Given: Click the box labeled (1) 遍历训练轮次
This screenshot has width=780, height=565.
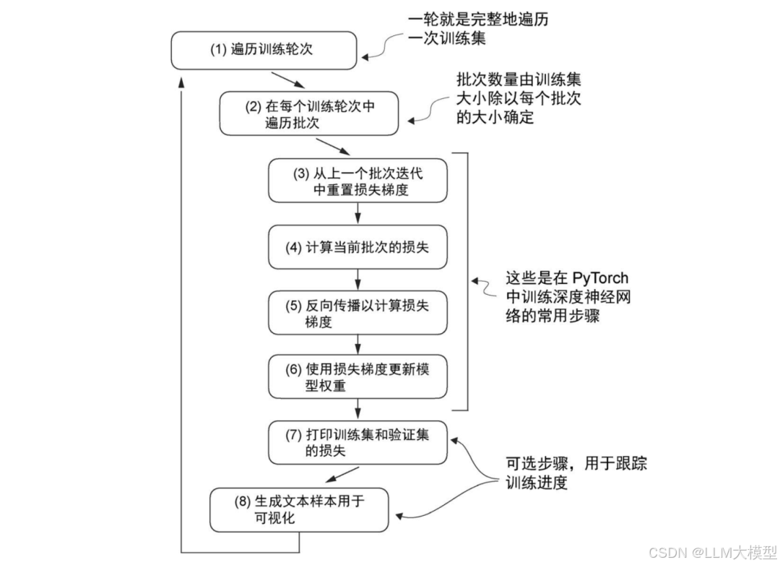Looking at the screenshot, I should tap(264, 50).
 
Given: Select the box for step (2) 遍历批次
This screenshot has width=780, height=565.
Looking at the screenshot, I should tap(308, 114).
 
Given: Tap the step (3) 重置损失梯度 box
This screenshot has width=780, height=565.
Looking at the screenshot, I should tap(358, 181).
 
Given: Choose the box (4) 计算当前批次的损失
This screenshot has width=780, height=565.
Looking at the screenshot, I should tap(358, 247).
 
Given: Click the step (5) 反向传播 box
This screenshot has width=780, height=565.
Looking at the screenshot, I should tap(358, 314).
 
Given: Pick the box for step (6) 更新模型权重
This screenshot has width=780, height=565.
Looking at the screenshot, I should tap(358, 376).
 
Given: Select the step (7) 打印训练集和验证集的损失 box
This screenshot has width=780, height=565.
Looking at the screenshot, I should tap(358, 441).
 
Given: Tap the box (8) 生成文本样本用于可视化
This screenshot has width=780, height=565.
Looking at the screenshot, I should tap(299, 509).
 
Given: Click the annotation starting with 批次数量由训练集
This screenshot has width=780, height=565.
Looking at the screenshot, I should tap(517, 98).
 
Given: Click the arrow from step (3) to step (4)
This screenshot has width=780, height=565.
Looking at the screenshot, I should tap(358, 213).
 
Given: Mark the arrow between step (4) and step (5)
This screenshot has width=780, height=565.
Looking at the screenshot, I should tap(358, 280).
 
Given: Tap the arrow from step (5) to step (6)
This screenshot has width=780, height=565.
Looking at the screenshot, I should tap(358, 343).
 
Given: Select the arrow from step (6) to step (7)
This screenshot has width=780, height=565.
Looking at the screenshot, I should tap(358, 408).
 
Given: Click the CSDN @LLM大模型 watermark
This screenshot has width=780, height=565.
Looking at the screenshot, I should tap(712, 553).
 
